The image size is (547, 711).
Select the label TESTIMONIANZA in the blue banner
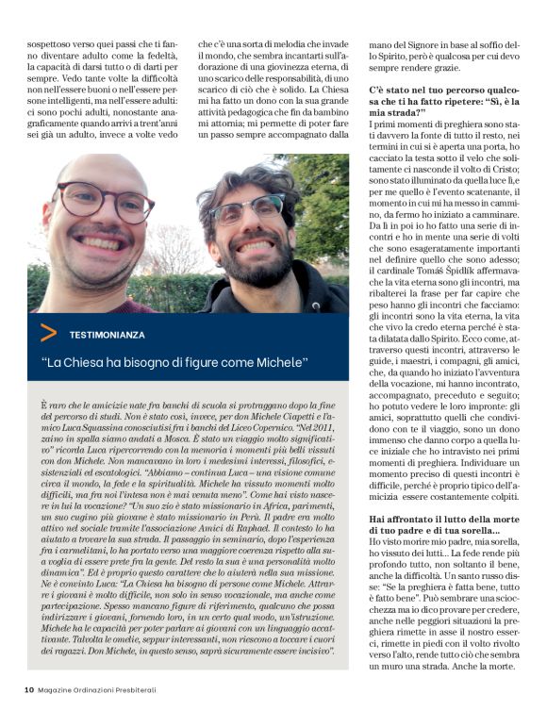pyautogui.click(x=108, y=333)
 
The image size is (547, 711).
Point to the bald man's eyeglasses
pyautogui.click(x=105, y=201)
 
